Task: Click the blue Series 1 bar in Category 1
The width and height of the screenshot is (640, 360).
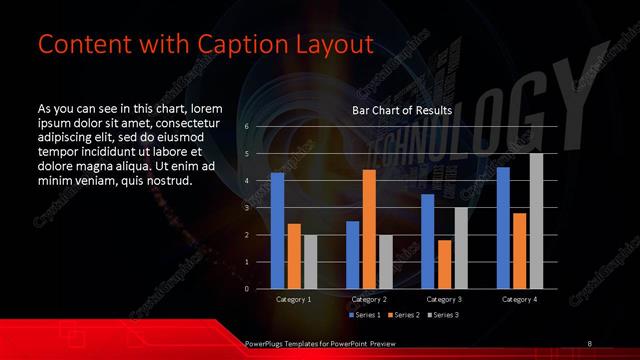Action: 277,231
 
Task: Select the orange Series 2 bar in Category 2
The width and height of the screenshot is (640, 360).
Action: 369,229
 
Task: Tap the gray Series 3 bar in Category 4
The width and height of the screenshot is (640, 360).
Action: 536,221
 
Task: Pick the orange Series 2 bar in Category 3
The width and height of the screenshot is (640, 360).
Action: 444,264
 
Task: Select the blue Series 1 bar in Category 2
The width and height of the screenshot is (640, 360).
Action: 352,255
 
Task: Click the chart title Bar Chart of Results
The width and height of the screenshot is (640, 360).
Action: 401,110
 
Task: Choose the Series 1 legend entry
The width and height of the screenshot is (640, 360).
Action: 365,314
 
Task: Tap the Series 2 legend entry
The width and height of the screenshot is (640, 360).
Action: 404,314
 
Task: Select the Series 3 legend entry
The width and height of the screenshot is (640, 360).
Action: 443,314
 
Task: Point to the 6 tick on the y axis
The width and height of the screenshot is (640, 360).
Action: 247,126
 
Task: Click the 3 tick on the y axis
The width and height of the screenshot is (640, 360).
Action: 247,208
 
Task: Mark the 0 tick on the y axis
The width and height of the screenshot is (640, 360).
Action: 247,289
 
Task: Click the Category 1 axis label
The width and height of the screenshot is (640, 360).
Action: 294,299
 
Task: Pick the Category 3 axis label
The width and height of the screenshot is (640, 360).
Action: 444,299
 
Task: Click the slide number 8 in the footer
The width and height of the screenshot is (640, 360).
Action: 589,344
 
